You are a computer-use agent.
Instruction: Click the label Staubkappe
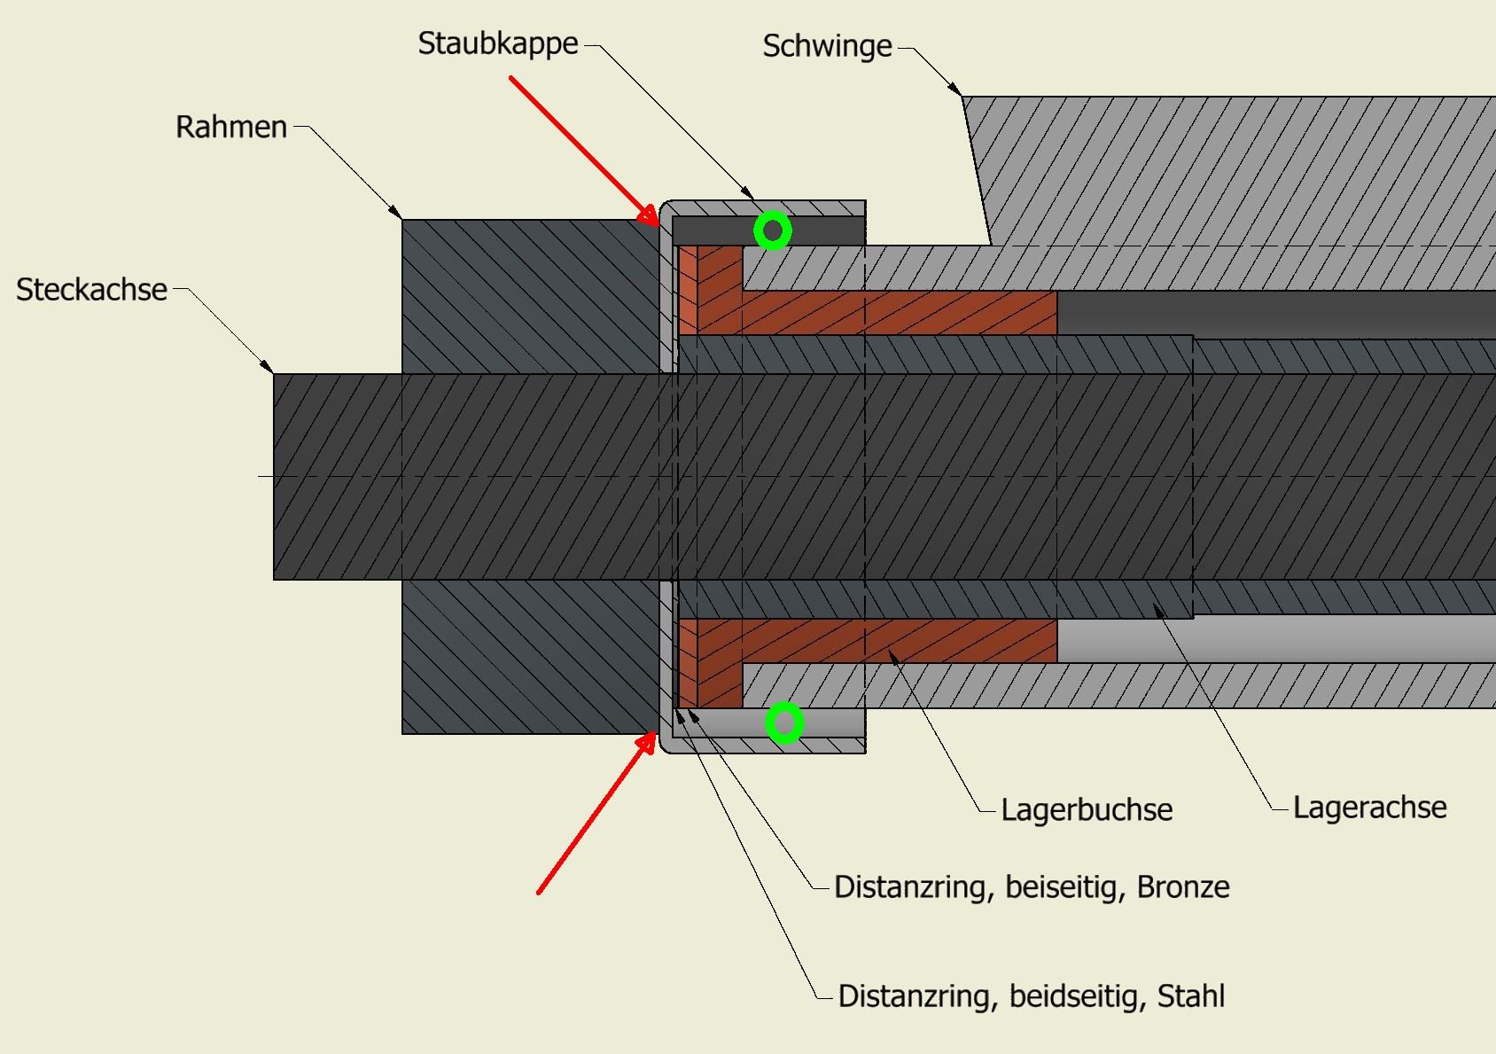[497, 43]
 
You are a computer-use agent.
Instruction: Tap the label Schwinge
[827, 46]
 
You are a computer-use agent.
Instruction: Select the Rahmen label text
[230, 127]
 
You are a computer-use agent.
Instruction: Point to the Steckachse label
[91, 290]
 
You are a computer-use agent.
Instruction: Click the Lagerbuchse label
[1087, 809]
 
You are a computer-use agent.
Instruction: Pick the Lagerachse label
[1369, 808]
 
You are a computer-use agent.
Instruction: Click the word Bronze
[1182, 887]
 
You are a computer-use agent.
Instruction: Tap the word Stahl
[1190, 996]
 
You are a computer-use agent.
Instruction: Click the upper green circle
[773, 230]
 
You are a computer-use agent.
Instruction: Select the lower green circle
[784, 723]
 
